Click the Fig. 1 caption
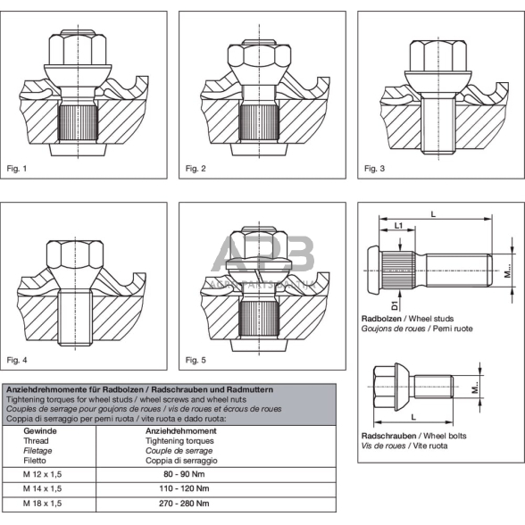click(18, 168)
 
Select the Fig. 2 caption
click(196, 168)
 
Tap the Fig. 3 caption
click(375, 168)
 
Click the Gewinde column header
click(33, 429)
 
